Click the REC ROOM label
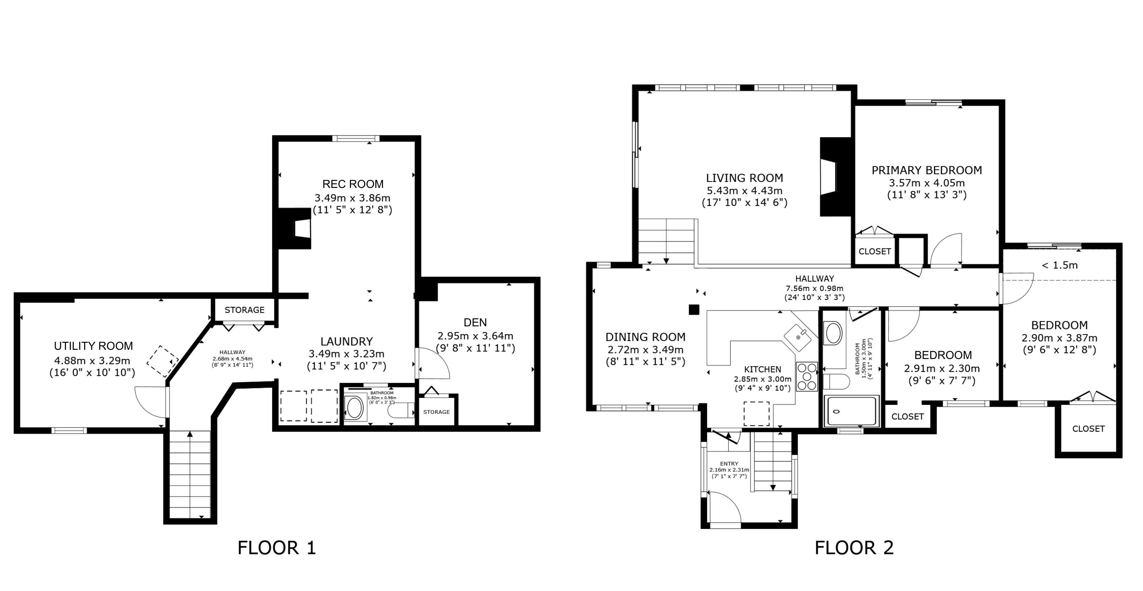353,184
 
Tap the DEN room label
475,322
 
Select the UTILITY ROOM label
93,346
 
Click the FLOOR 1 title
277,548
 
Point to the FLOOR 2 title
854,548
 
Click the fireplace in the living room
835,177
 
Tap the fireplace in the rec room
294,228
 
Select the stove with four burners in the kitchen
807,377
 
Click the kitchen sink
798,337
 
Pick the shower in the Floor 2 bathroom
851,411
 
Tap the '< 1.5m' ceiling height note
1060,265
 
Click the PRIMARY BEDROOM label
927,170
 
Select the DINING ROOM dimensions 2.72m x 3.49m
645,350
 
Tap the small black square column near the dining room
694,309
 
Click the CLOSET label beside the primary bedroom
874,251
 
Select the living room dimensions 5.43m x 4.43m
745,191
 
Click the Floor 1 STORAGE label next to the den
436,412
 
